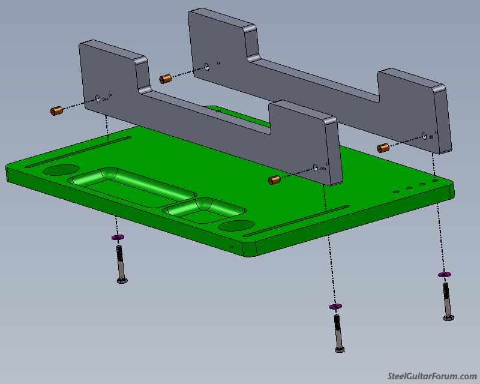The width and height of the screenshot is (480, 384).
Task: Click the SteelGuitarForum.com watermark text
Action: pos(432,376)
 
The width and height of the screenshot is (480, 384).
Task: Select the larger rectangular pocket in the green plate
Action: pos(131,187)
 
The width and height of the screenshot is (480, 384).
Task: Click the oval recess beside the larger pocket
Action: pos(61,170)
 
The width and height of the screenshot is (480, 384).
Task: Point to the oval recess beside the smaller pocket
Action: pos(236,226)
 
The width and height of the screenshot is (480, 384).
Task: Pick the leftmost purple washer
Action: pos(118,237)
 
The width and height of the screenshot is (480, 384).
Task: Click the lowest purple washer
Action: pos(336,306)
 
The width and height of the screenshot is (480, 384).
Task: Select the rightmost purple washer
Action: pos(444,274)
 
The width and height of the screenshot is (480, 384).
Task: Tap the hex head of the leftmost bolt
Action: pos(122,280)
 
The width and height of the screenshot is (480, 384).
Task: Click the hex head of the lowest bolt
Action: pos(340,349)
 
